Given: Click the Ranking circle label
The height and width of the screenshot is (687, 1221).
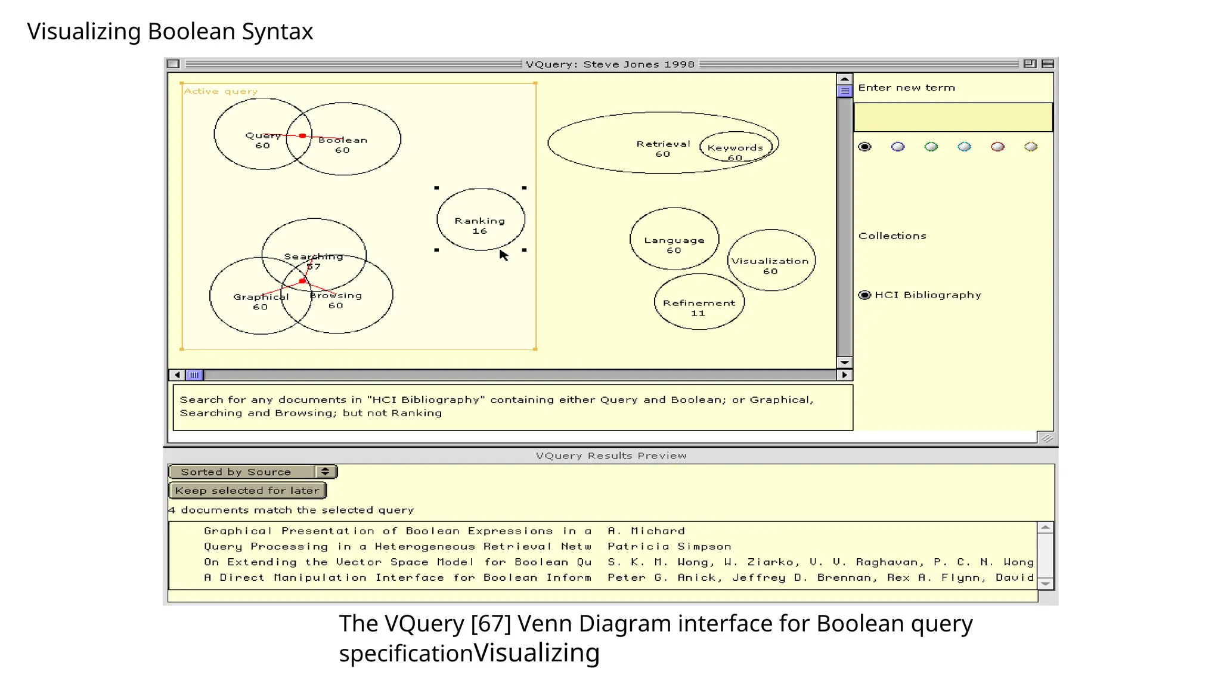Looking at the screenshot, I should click(x=479, y=221).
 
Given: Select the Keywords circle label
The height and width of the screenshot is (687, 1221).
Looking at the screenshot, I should click(x=735, y=148).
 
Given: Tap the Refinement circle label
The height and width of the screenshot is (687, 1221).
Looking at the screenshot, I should click(x=699, y=303).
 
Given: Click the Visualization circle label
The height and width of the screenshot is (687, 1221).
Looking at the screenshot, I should click(x=770, y=261).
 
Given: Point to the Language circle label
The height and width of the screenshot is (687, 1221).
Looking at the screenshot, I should click(x=674, y=240).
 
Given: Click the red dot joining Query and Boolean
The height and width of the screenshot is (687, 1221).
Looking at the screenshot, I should click(x=303, y=136).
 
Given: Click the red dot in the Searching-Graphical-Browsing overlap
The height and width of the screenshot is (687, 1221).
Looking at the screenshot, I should click(x=302, y=281).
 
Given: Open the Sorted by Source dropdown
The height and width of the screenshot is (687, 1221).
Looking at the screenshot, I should click(x=253, y=472).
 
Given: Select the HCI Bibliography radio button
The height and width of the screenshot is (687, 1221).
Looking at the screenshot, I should click(x=864, y=295).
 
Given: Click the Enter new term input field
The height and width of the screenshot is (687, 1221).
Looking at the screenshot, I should click(x=953, y=117).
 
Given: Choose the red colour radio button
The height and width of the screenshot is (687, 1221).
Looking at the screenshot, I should click(x=997, y=147).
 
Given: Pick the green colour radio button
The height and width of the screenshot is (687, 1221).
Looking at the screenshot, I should click(x=931, y=147).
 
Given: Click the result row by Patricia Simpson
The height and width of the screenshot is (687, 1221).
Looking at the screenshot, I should click(x=669, y=546).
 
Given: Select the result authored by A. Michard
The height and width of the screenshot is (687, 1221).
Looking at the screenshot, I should click(x=646, y=531).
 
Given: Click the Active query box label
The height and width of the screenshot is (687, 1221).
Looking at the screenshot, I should click(x=221, y=91).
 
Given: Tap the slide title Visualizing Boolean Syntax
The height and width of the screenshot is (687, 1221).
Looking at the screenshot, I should click(x=170, y=32).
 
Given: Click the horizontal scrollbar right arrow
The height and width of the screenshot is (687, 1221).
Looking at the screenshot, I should click(x=844, y=375).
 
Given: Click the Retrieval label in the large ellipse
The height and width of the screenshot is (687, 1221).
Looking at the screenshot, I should click(x=662, y=144).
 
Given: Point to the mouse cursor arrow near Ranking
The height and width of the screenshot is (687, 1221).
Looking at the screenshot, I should click(x=503, y=255).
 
